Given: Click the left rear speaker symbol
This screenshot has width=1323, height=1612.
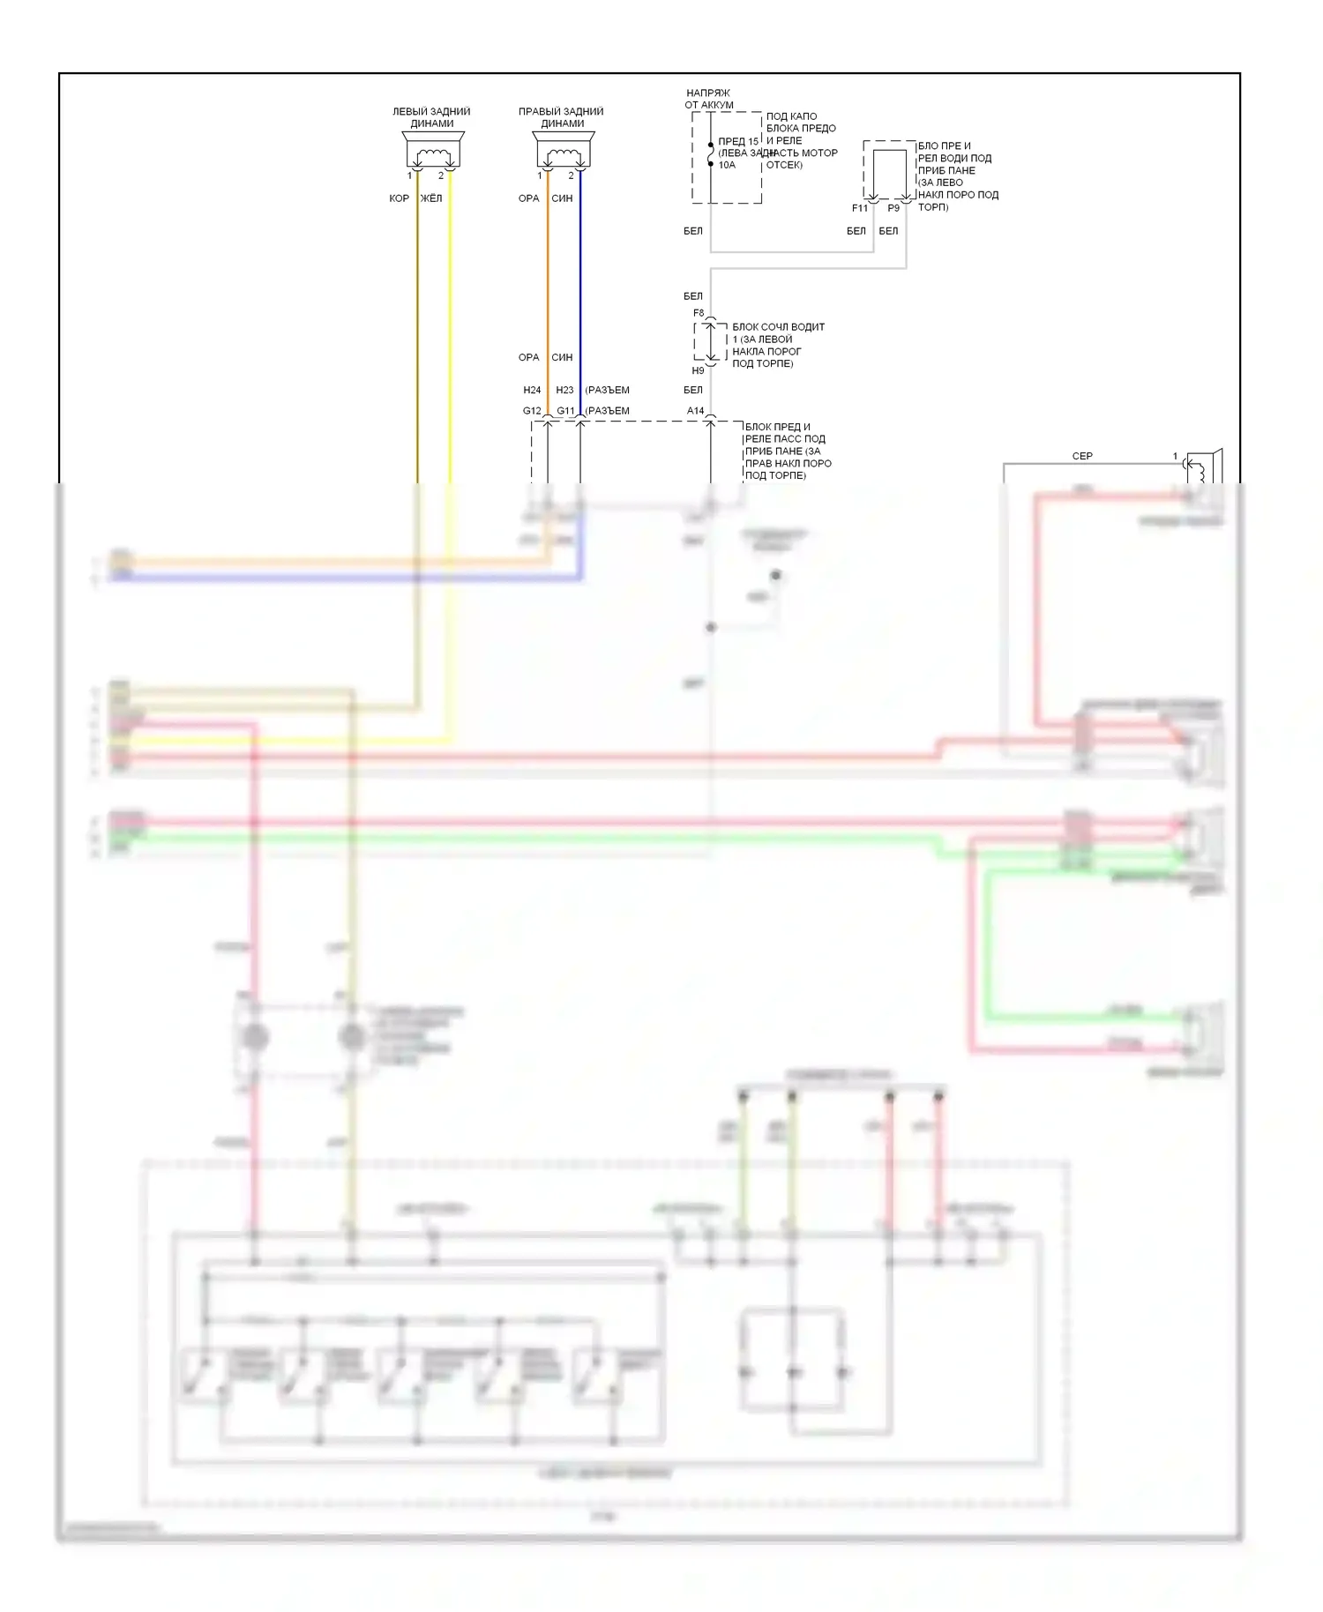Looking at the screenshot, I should (432, 151).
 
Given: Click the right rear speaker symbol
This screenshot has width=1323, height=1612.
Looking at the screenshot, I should (562, 151).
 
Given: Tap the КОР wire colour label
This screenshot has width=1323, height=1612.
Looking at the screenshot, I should (399, 198).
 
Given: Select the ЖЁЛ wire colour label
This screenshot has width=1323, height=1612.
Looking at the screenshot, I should (431, 198).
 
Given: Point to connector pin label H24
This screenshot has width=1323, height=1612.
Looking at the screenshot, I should (532, 390).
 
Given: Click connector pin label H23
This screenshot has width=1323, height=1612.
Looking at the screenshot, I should (564, 390).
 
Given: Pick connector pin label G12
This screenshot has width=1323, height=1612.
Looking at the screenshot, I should (532, 411).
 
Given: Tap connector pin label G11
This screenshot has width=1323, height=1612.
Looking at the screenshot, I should (565, 411).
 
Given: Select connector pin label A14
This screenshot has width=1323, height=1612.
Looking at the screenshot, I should (696, 411).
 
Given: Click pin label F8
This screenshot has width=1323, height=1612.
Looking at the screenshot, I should (699, 313).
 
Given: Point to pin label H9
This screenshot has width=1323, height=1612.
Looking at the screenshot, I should (699, 371).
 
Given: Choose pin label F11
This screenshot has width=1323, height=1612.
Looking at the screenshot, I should (860, 209).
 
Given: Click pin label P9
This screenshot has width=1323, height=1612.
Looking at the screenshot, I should (893, 209).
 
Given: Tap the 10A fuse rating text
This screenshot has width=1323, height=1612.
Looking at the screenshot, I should (727, 165).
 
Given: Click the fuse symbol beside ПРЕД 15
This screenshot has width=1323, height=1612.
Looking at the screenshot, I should (710, 154).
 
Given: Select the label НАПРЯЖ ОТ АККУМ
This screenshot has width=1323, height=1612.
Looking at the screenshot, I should (709, 99).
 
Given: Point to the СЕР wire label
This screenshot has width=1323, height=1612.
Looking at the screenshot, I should (1082, 456).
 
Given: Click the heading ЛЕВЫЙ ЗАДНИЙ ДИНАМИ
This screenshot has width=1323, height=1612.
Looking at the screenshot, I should (431, 117).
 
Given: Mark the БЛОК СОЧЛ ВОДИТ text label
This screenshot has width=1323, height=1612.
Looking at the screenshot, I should (778, 327).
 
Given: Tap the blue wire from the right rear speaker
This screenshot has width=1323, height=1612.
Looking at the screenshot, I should (580, 291).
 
